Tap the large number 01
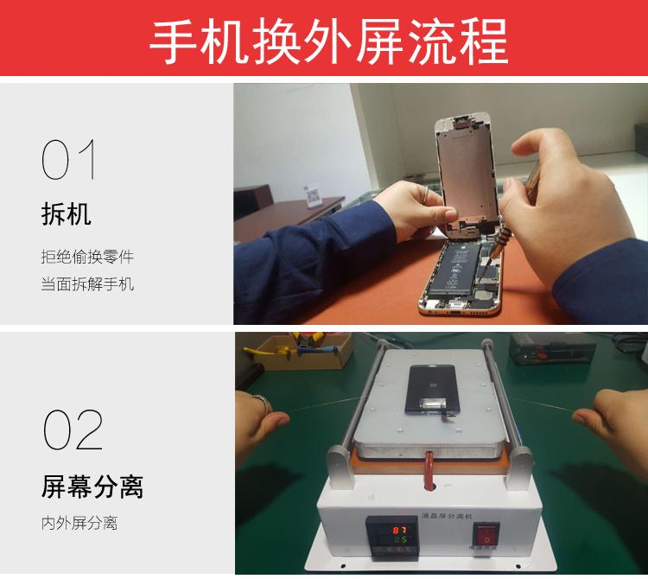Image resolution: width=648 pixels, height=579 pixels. (x=68, y=160)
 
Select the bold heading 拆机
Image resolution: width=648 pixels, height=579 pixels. (x=66, y=213)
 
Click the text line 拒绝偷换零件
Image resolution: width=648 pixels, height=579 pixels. (x=87, y=257)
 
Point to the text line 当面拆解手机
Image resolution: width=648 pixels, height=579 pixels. (x=87, y=283)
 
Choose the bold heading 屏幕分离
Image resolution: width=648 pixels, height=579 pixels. (x=92, y=487)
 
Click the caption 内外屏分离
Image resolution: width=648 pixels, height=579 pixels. (x=79, y=523)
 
